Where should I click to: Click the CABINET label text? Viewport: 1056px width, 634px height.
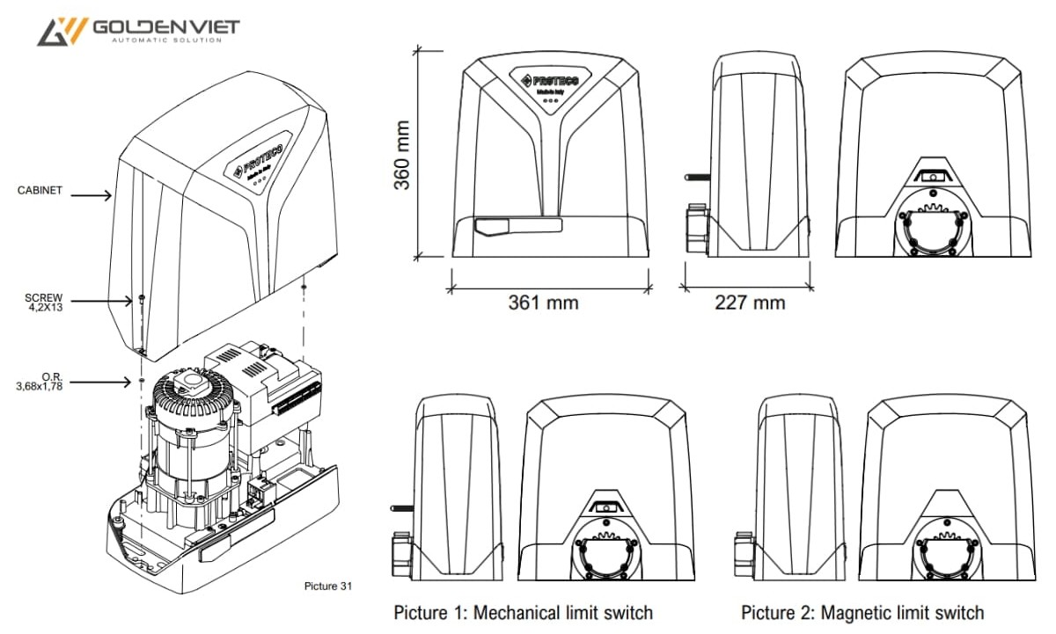coord(40,190)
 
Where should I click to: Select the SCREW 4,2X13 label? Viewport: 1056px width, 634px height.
coord(45,302)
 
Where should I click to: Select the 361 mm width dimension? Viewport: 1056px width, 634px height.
coord(543,302)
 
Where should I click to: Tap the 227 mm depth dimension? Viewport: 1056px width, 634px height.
coord(749,302)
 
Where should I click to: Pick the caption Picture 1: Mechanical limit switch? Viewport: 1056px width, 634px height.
coord(524,612)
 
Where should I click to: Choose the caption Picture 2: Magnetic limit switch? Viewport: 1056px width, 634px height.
coord(862,612)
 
